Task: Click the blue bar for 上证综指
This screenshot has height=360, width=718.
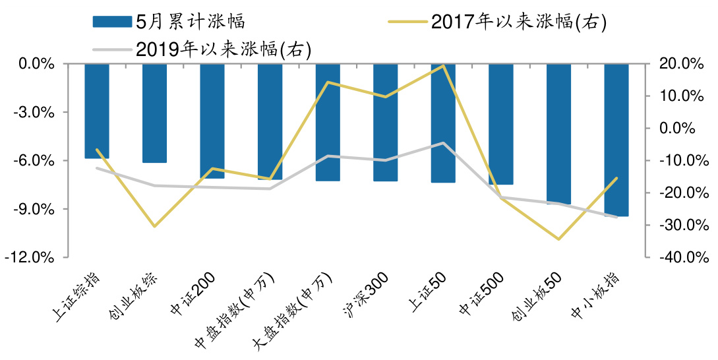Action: coord(97,111)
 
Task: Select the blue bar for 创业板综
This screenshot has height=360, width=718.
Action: coord(154,113)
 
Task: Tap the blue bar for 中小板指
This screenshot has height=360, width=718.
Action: coord(616,140)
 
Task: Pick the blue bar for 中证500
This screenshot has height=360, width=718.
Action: coord(500,124)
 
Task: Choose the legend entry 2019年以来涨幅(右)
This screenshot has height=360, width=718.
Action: coord(223,49)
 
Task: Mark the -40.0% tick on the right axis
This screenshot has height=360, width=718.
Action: coord(676,258)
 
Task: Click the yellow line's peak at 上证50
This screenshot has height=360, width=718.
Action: coord(443,65)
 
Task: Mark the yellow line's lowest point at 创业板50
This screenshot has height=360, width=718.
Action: coord(558,239)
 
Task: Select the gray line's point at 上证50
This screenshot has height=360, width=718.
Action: coord(443,143)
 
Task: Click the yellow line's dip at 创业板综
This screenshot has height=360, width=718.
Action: coord(154,226)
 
